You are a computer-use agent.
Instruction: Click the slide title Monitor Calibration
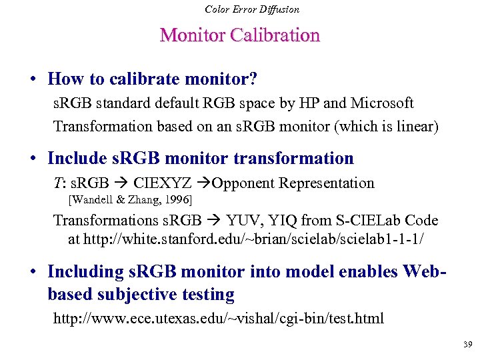click(240, 35)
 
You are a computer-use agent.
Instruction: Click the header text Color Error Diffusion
click(252, 9)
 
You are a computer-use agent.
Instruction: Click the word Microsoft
click(382, 103)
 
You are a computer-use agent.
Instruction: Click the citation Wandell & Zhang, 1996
click(131, 199)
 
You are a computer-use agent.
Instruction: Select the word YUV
click(245, 220)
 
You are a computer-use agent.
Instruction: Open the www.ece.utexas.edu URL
click(219, 318)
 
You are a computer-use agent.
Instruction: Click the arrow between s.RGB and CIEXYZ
click(122, 183)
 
